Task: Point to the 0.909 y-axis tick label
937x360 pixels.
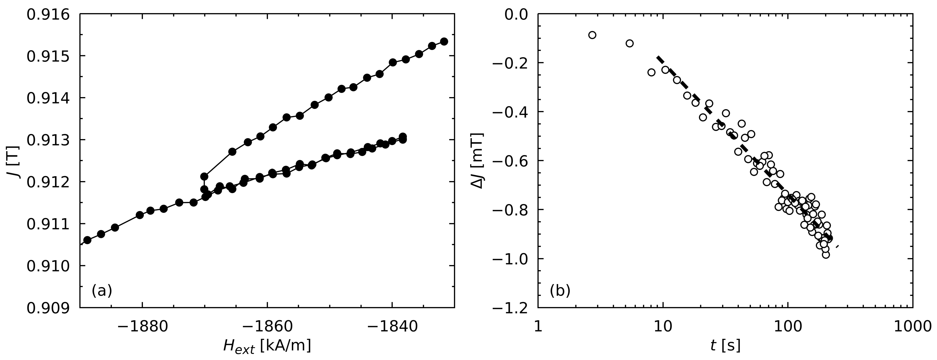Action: pyautogui.click(x=48, y=308)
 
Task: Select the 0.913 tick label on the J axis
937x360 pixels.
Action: pyautogui.click(x=48, y=140)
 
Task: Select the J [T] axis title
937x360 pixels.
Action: pyautogui.click(x=14, y=161)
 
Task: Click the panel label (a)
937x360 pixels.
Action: pyautogui.click(x=102, y=291)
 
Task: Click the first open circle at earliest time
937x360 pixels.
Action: pyautogui.click(x=592, y=35)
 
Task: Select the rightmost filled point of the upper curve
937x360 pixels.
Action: pyautogui.click(x=444, y=41)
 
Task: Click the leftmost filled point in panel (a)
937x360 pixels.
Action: pyautogui.click(x=87, y=240)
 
